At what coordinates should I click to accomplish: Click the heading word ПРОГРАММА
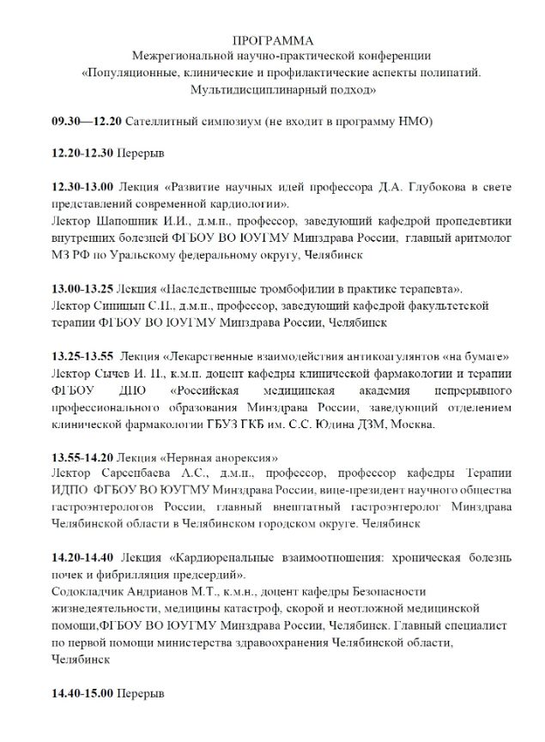click(x=272, y=40)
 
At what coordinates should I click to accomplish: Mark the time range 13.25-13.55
click(x=80, y=356)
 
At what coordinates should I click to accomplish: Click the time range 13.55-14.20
click(x=80, y=456)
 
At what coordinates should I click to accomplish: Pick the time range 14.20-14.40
click(x=80, y=557)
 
